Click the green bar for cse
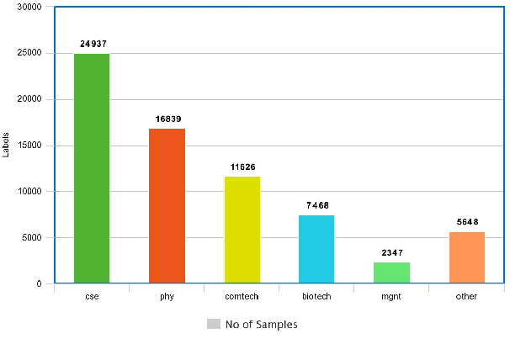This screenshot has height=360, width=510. [92, 168]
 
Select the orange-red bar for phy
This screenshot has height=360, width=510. [167, 206]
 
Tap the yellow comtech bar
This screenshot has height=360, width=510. [242, 230]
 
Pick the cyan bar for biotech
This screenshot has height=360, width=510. [316, 249]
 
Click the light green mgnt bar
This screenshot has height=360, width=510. [391, 273]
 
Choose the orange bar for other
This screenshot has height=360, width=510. [466, 257]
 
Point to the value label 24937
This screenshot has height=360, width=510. [93, 43]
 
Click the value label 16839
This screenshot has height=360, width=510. [167, 119]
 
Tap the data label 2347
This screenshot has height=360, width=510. [392, 252]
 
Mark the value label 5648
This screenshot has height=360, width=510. [467, 222]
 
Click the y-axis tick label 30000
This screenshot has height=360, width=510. [29, 8]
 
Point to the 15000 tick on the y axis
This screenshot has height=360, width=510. [29, 146]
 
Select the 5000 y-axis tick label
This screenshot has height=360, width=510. [32, 238]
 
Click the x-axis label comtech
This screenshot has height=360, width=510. [242, 297]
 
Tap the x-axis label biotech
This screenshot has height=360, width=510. [316, 297]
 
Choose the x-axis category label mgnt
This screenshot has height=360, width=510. [391, 297]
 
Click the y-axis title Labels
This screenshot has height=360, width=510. [7, 146]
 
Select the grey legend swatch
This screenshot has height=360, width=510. [214, 324]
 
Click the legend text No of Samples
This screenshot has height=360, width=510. [261, 325]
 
